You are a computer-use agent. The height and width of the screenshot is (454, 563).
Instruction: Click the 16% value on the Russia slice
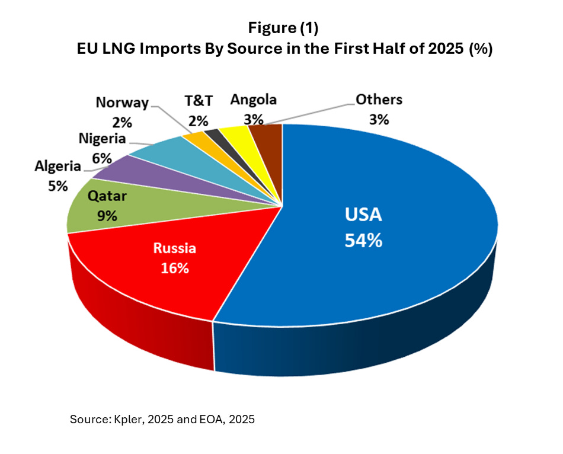click(x=175, y=268)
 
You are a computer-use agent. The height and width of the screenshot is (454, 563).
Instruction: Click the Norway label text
click(x=122, y=103)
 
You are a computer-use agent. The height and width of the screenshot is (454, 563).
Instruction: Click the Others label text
click(x=379, y=100)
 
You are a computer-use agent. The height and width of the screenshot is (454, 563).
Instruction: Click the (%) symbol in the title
click(x=481, y=50)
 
